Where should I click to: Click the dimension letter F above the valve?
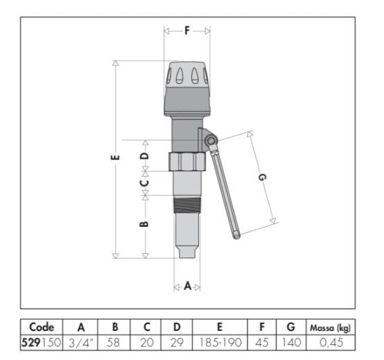point(187,31)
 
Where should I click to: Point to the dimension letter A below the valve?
point(187,286)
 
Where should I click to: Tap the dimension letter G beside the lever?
point(262,177)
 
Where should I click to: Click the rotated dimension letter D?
point(145,156)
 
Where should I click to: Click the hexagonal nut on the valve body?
point(187,162)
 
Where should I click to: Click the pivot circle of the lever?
point(210,141)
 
